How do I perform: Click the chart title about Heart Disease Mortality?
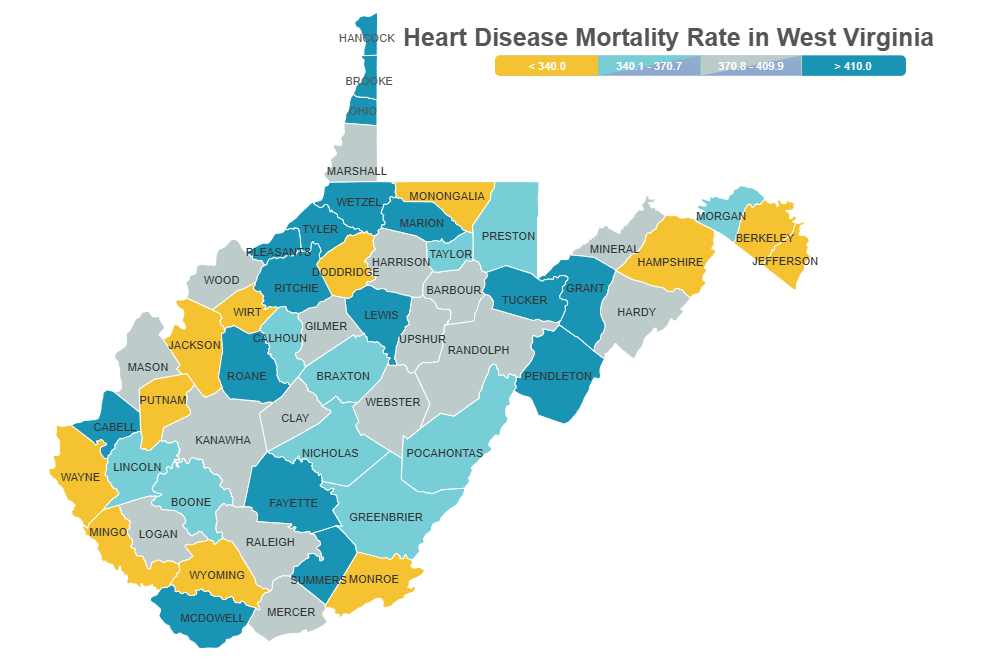pos(668,38)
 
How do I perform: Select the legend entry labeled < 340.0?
pos(547,66)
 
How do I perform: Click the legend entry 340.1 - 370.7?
pos(649,66)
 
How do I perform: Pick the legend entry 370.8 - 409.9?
pos(751,66)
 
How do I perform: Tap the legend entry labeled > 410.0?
pos(853,66)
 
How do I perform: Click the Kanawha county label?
pos(223,440)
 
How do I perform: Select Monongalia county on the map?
pos(446,196)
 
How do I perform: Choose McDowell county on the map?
pos(211,618)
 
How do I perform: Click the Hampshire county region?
pos(670,261)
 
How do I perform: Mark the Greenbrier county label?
pos(386,517)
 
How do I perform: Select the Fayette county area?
pos(292,503)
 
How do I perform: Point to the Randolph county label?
pos(478,350)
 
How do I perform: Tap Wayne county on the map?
pos(80,477)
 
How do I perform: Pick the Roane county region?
pos(247,376)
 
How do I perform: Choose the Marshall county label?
pos(356,171)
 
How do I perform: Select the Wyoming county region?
pos(217,575)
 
